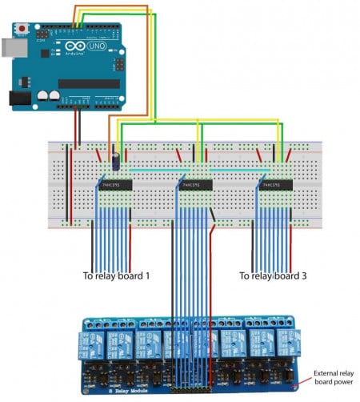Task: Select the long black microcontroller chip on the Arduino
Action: click(87, 83)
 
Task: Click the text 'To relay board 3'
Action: click(278, 275)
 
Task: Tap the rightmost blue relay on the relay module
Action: click(284, 343)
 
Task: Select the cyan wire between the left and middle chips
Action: click(152, 170)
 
